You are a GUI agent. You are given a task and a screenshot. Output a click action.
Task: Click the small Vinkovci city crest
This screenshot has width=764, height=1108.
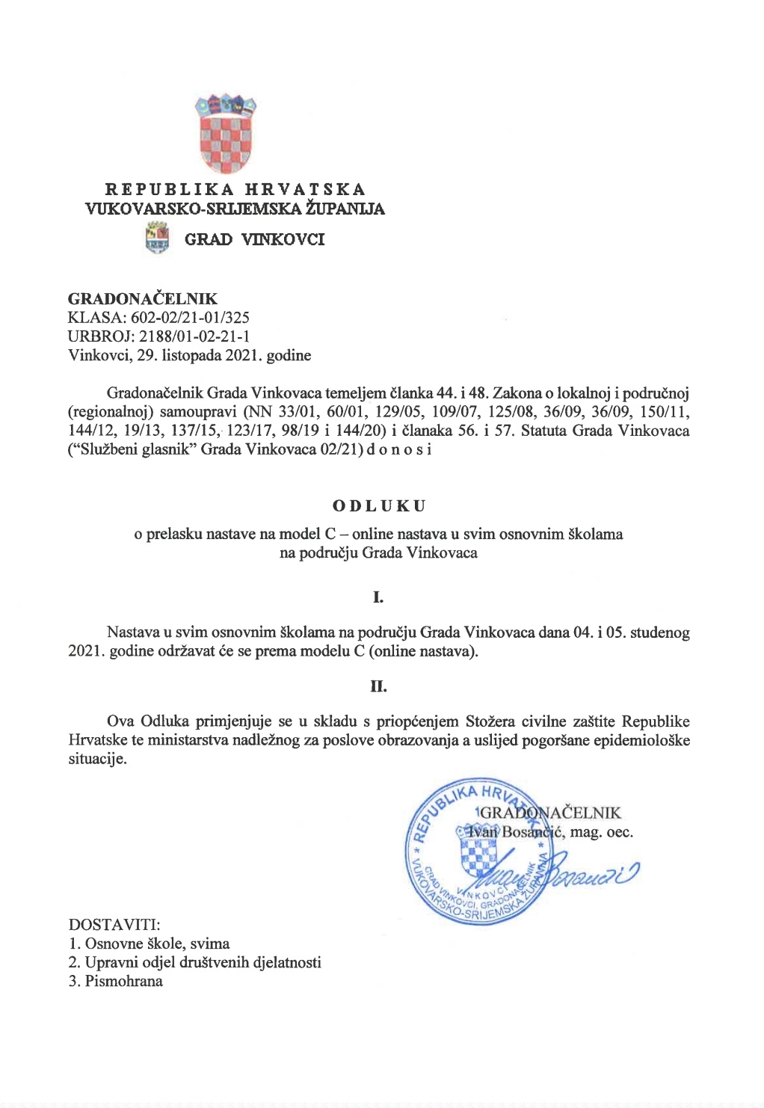pyautogui.click(x=156, y=239)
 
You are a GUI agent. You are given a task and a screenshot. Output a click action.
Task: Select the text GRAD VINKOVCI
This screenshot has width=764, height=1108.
pyautogui.click(x=254, y=239)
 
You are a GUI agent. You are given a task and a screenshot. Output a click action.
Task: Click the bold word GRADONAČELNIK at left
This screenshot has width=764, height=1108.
pyautogui.click(x=143, y=299)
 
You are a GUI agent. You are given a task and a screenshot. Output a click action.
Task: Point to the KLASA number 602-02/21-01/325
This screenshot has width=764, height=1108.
pyautogui.click(x=190, y=318)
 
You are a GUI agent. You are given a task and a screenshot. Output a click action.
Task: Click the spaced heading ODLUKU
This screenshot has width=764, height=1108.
pyautogui.click(x=379, y=505)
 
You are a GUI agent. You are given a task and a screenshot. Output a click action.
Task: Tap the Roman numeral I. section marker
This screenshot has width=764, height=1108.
pyautogui.click(x=378, y=597)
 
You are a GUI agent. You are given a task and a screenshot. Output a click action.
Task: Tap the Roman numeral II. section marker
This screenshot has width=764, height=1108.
pyautogui.click(x=378, y=686)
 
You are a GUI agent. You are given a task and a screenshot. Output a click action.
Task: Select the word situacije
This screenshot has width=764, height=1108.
pyautogui.click(x=97, y=760)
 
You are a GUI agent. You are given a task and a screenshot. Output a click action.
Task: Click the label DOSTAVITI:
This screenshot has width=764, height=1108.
pyautogui.click(x=114, y=925)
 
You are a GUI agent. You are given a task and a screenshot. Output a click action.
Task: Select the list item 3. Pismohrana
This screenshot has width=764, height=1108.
pyautogui.click(x=116, y=981)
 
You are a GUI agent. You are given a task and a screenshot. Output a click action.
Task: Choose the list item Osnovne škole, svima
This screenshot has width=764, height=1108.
pyautogui.click(x=157, y=944)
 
